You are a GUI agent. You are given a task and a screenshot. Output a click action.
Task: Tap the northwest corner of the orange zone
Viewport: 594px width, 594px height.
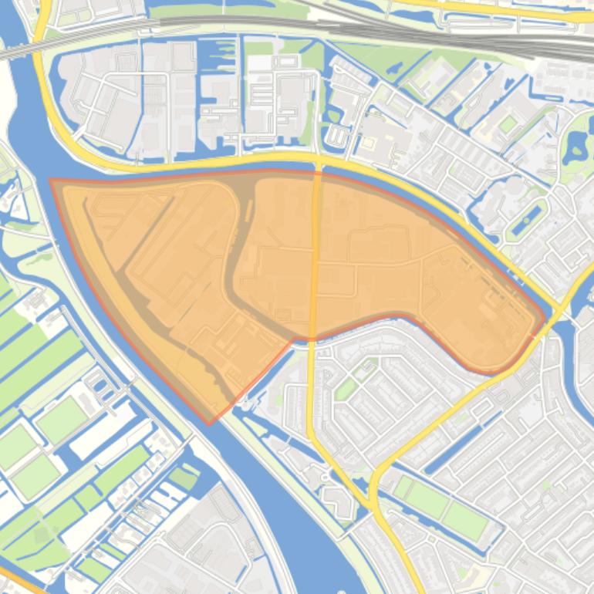coord(52,181)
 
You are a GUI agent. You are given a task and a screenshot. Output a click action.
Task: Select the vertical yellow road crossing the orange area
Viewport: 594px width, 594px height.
coord(315,255)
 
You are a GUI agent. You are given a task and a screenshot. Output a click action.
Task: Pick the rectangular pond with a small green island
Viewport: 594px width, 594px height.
coord(527,219)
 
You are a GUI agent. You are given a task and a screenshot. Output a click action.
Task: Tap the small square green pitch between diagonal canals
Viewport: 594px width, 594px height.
coord(507,123)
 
